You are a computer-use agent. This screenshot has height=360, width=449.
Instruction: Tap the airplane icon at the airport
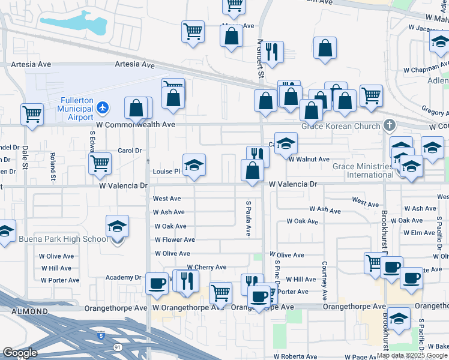click(103, 107)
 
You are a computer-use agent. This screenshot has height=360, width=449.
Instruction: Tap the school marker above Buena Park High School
click(118, 227)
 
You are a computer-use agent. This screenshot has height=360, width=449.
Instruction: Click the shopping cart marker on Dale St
click(32, 113)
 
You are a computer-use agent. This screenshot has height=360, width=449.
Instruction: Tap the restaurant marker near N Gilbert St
click(273, 52)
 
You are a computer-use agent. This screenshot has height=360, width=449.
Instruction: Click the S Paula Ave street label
click(248, 218)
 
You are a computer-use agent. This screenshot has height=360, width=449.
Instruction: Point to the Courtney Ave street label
click(324, 280)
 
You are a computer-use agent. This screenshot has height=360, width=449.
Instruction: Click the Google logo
click(20, 353)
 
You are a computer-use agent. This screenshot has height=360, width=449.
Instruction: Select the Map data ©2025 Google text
click(412, 355)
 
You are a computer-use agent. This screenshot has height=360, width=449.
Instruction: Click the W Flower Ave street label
click(175, 240)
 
